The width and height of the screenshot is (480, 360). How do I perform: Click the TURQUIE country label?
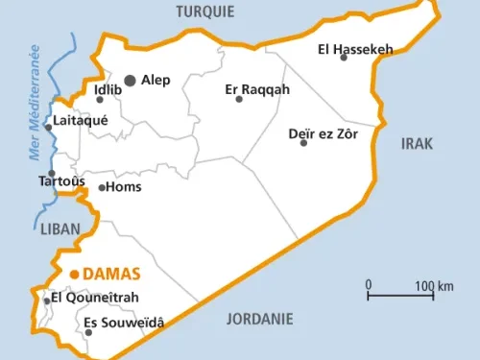point(204,12)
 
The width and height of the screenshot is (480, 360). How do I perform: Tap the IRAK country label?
point(417,143)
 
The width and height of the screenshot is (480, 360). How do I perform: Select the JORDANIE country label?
point(259,319)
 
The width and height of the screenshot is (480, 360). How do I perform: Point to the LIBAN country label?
point(60,228)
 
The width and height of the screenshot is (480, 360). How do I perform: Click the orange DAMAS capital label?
point(111,274)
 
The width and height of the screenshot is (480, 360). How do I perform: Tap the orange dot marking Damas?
point(74,274)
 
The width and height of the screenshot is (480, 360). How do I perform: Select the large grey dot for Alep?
point(130,81)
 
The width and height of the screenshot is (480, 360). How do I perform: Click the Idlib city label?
point(108,90)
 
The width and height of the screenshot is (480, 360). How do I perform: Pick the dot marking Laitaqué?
point(48,127)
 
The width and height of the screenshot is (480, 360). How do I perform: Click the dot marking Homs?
point(102,187)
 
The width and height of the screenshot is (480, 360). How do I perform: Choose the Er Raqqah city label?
point(257,90)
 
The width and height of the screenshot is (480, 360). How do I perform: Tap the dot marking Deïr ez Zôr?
point(303,143)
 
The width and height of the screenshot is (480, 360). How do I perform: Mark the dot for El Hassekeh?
point(343,58)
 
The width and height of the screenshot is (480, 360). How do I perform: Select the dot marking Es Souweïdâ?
point(88,332)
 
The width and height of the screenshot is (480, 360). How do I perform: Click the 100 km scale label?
point(434,286)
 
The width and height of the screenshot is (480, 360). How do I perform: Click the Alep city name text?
point(156,81)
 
